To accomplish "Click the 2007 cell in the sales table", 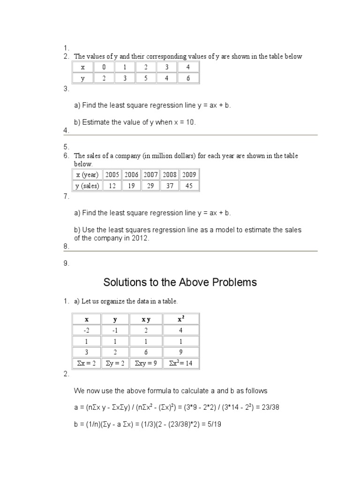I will (x=150, y=174).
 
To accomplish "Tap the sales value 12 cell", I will (x=112, y=186).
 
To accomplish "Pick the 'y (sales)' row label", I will (x=87, y=186).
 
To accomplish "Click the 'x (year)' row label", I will (x=87, y=174).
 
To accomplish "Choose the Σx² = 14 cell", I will (x=180, y=363).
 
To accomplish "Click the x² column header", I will (x=180, y=319).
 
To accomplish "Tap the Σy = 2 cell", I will (x=115, y=363).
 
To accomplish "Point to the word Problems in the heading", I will (x=232, y=282).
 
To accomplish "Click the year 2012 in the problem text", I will (x=140, y=238).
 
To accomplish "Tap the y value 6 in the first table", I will (x=188, y=78).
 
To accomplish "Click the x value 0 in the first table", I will (x=104, y=67).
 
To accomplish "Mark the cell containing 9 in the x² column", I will (x=180, y=352).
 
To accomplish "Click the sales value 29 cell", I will (x=150, y=186).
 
